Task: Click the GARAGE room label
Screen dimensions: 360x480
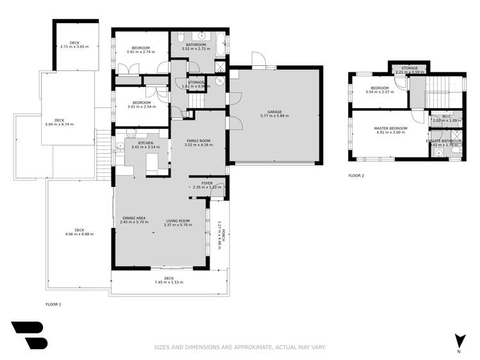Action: (x=274, y=111)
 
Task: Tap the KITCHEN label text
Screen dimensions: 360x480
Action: (x=145, y=142)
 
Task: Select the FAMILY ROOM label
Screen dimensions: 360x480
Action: (x=197, y=140)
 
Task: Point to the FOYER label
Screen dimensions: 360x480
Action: (x=206, y=183)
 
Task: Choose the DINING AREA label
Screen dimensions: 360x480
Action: (x=134, y=219)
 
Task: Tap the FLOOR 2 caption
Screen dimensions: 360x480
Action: (x=356, y=175)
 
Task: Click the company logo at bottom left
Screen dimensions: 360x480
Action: (x=29, y=335)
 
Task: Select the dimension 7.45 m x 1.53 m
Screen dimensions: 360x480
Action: (x=169, y=282)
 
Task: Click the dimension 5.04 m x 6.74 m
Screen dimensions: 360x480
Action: (x=59, y=124)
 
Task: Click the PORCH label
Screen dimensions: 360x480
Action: (x=224, y=234)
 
